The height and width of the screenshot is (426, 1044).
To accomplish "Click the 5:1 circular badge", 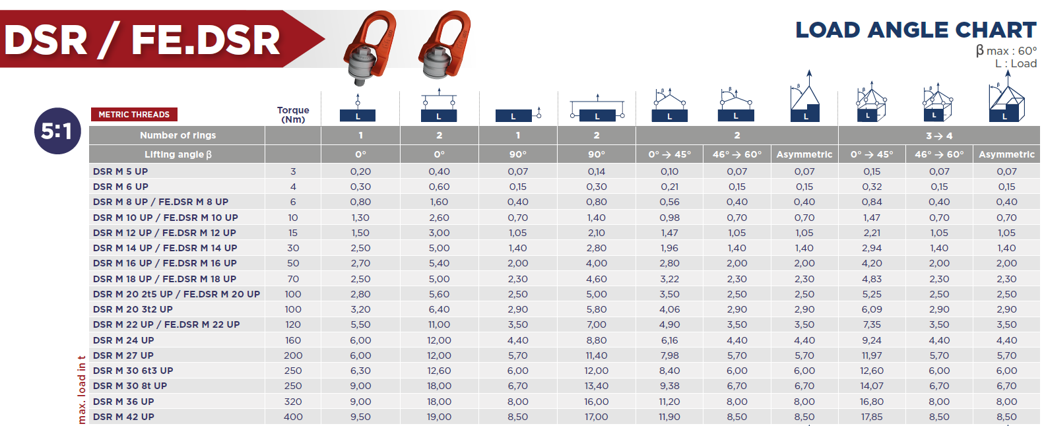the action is [57, 131].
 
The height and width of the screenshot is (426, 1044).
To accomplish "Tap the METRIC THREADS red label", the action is [134, 115].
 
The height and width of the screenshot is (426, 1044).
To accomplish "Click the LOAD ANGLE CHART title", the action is [916, 30].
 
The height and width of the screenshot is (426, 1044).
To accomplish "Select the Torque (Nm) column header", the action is [293, 115].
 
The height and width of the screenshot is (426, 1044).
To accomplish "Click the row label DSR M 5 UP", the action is [120, 171].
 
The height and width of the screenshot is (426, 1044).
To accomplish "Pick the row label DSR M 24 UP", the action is [123, 340].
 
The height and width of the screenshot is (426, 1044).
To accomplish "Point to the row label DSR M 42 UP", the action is [123, 417].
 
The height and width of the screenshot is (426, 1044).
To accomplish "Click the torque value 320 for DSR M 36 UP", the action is [293, 402].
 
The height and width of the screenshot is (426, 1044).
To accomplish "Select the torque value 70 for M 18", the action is [293, 279].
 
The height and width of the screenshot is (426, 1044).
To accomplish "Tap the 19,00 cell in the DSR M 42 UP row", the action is [439, 417].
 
